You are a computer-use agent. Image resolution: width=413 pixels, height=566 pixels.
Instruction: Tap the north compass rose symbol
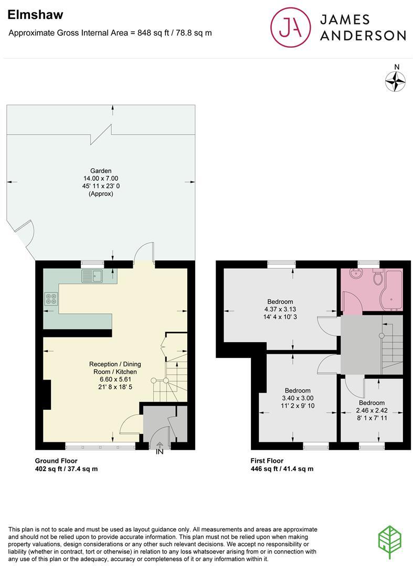(396, 81)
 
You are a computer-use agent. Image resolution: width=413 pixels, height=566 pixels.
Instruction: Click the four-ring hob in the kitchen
(51, 299)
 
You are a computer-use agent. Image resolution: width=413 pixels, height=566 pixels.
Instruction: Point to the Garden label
(101, 171)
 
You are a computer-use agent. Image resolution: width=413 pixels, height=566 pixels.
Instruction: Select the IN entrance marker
(160, 451)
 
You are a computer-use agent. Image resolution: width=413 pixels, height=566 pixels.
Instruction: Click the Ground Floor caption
(56, 461)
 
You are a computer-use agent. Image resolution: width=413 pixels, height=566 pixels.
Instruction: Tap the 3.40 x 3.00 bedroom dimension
(298, 398)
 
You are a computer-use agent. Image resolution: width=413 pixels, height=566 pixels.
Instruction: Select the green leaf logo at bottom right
(390, 541)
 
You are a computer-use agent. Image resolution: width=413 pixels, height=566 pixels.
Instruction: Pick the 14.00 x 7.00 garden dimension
(101, 179)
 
